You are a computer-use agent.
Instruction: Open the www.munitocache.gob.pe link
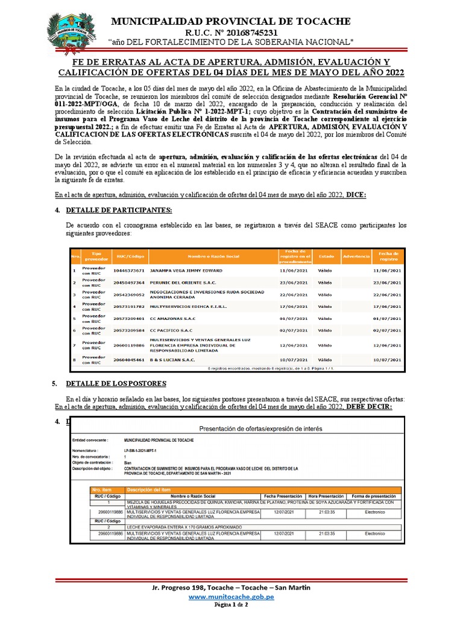pyautogui.click(x=231, y=596)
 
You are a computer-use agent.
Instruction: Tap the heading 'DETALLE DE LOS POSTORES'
pyautogui.click(x=116, y=384)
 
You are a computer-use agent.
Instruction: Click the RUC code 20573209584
pyautogui.click(x=129, y=330)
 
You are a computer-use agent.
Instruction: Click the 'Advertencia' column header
pyautogui.click(x=355, y=257)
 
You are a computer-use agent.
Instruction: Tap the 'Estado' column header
pyautogui.click(x=326, y=257)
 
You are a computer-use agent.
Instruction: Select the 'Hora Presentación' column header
pyautogui.click(x=326, y=495)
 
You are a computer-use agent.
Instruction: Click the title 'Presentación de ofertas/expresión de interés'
pyautogui.click(x=260, y=428)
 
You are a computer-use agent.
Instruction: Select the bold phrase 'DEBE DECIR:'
pyautogui.click(x=368, y=407)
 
